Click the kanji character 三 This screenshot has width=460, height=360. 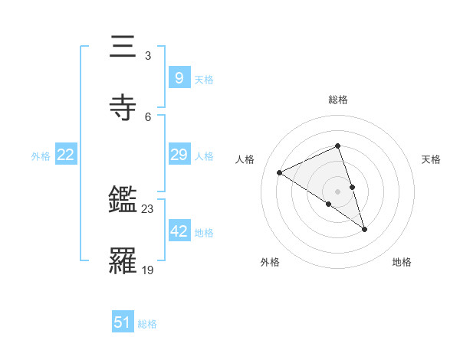point(123,48)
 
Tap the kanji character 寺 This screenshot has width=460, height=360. point(123,108)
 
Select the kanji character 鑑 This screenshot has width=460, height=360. point(123,201)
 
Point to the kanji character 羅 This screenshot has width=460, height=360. point(123,260)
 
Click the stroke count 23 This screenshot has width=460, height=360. point(148,208)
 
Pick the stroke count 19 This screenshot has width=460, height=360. point(148,269)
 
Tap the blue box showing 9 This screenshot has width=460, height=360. point(179,77)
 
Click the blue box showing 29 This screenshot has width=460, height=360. point(179,155)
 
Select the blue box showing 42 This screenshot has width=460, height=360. point(179,231)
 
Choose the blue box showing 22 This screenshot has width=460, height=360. point(66,155)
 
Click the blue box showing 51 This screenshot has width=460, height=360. point(123,322)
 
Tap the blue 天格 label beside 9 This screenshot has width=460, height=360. point(204,79)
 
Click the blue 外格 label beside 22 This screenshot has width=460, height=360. point(41,156)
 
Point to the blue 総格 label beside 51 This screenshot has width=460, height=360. point(147,324)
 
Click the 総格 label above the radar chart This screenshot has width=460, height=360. point(338,100)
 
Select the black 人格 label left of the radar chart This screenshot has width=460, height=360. point(245,159)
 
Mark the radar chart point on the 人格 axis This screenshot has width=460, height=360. point(280,173)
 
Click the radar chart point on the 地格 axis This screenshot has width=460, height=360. point(364,228)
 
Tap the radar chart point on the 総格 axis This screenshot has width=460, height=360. point(338,146)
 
